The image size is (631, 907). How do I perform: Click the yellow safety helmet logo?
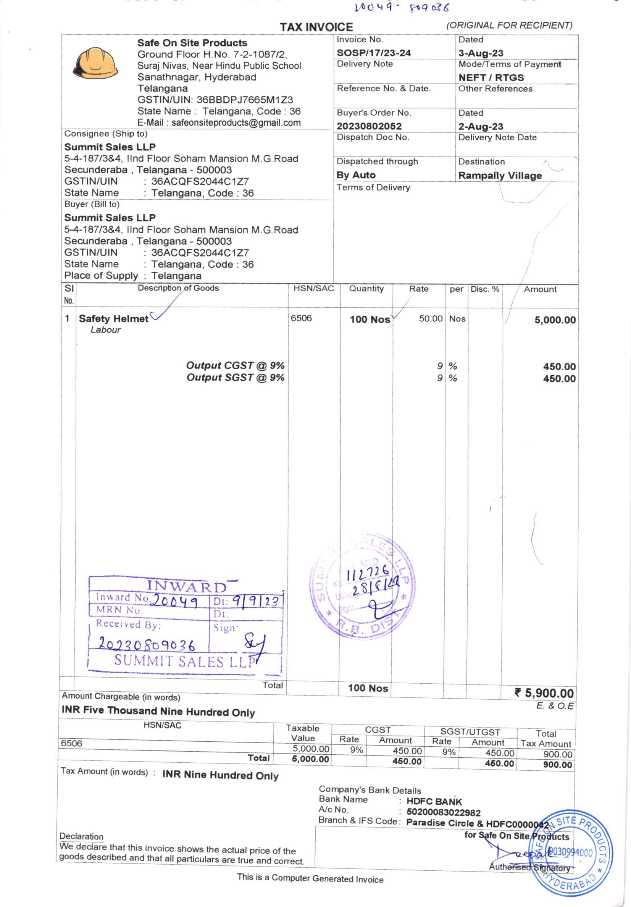point(95,63)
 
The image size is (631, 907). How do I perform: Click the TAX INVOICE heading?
point(316,27)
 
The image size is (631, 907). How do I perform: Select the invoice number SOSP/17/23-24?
point(373,53)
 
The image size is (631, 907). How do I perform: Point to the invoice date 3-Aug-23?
point(481,53)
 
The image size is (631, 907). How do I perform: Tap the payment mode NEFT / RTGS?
point(491,77)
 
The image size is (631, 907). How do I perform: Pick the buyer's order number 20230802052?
point(369,126)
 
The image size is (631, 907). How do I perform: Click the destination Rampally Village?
point(500,175)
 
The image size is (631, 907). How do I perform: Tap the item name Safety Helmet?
point(113,319)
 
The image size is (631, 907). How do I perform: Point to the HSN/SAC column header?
point(313,289)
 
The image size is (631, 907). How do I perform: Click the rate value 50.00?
point(430,319)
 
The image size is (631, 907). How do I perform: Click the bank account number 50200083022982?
point(443,813)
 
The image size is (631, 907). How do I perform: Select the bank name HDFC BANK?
point(434,802)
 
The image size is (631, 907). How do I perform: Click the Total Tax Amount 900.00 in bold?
point(557,765)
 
